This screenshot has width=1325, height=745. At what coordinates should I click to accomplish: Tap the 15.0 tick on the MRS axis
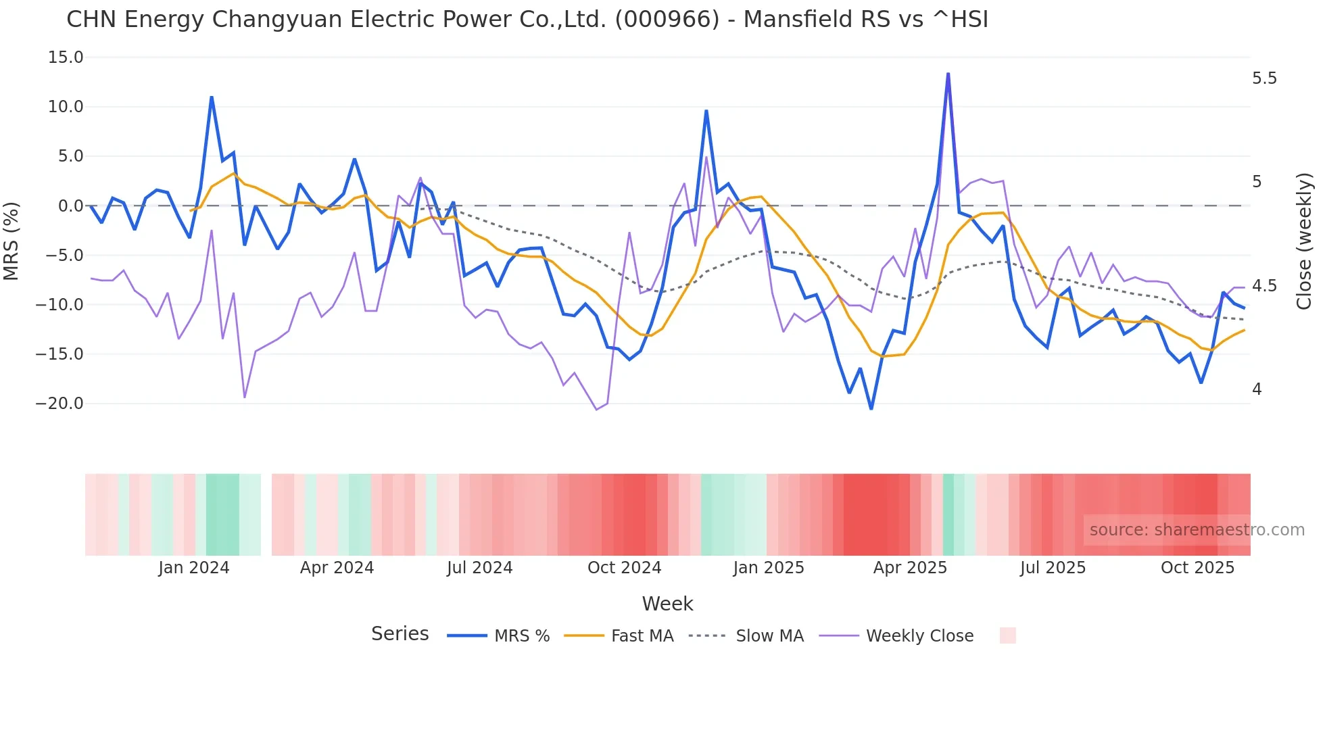point(66,57)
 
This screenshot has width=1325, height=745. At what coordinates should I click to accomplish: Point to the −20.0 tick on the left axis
point(59,404)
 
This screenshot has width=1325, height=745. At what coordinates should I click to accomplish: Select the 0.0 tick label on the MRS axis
point(70,206)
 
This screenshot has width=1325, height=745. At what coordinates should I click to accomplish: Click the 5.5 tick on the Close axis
point(1264,78)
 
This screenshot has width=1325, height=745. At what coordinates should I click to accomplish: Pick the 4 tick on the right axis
point(1257,389)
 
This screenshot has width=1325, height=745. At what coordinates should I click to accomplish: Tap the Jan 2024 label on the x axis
point(194,568)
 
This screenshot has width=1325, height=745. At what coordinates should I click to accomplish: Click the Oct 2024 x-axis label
point(624,568)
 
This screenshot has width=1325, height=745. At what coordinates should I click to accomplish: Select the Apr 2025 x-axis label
point(910,568)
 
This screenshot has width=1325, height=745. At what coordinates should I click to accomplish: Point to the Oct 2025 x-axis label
point(1197,568)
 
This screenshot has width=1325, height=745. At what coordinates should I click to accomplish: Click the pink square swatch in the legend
point(1007,635)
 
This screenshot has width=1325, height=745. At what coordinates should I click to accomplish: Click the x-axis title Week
point(667,604)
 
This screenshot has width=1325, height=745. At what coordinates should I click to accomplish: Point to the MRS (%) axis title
point(11,241)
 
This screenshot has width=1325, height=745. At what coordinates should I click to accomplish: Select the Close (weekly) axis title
point(1304,241)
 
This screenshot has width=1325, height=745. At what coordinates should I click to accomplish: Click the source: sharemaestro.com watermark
point(1197,530)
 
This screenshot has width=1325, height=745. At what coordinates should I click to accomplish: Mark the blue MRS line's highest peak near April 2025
point(948,74)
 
